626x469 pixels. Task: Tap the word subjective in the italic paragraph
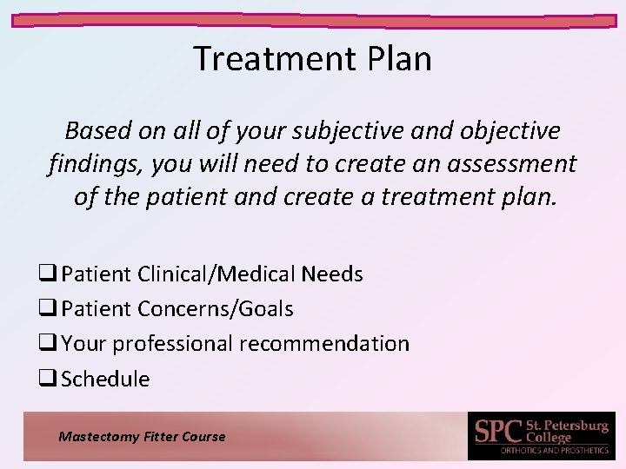coord(336,130)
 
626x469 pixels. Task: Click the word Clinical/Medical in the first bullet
coord(216,274)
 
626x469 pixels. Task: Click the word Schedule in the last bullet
coord(105,379)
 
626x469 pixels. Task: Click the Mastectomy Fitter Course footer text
coord(142,437)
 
